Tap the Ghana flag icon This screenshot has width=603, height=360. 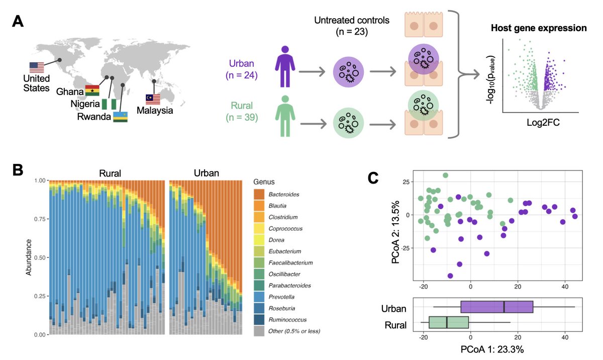pyautogui.click(x=91, y=90)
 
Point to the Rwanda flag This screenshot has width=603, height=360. pyautogui.click(x=120, y=117)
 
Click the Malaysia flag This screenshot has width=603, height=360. pyautogui.click(x=153, y=98)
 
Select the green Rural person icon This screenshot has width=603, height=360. pyautogui.click(x=285, y=115)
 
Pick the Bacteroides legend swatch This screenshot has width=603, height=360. pyautogui.click(x=260, y=194)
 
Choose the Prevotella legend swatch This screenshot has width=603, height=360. pyautogui.click(x=260, y=297)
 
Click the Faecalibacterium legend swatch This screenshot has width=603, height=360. pyautogui.click(x=260, y=262)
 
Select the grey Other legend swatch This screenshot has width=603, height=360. pyautogui.click(x=260, y=331)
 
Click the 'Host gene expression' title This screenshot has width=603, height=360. pyautogui.click(x=539, y=28)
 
